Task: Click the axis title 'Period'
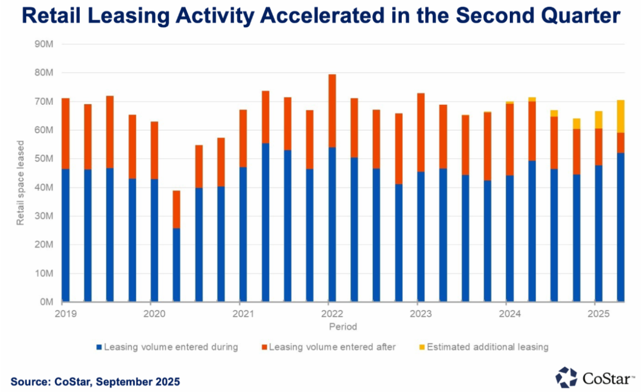(x=342, y=326)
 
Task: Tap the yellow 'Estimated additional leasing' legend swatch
(x=421, y=347)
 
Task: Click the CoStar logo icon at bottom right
(x=566, y=377)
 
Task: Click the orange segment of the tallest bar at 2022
(x=332, y=111)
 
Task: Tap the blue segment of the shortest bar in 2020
(x=176, y=265)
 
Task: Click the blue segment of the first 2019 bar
(x=66, y=235)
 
